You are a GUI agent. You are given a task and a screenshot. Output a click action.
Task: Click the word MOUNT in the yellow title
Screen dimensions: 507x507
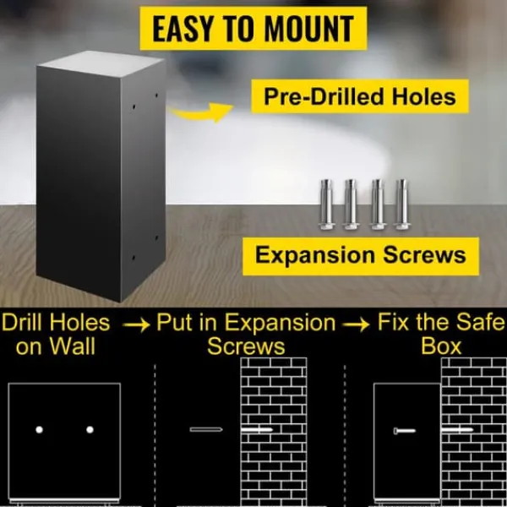309,29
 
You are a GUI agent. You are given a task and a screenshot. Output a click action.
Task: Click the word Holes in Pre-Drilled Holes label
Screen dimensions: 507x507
424,96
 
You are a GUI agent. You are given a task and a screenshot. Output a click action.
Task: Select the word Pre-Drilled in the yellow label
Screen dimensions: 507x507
325,96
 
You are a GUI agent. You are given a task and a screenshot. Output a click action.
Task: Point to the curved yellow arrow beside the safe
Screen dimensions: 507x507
201,112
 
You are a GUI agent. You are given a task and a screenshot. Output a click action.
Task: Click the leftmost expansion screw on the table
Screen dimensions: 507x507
326,204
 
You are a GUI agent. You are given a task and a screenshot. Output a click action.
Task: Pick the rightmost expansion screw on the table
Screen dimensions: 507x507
401,204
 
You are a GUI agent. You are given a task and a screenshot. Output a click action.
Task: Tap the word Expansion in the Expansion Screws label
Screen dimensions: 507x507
316,256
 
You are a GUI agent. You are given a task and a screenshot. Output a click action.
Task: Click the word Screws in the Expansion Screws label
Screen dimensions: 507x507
424,255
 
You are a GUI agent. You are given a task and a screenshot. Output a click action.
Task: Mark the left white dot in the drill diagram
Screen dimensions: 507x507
39,430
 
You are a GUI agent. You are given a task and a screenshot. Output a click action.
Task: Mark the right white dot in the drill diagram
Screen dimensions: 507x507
90,430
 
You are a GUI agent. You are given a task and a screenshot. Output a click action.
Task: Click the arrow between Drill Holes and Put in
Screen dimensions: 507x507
136,324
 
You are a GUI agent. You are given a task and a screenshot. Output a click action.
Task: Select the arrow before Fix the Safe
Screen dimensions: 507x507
356,324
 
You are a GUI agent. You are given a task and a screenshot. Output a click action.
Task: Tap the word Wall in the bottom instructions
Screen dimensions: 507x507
73,346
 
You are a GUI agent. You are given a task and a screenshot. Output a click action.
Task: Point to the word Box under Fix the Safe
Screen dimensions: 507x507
441,346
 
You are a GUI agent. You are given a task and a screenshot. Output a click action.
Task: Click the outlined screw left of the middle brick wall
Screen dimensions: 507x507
206,429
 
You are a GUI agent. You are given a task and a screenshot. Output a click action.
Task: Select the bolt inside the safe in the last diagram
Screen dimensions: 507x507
405,431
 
